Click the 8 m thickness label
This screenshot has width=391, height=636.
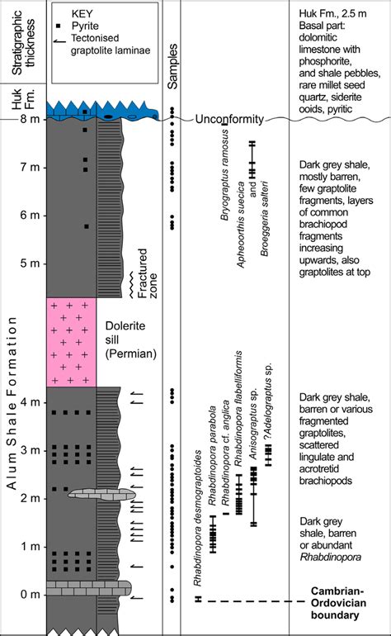click(30, 119)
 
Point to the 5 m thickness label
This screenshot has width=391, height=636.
click(30, 263)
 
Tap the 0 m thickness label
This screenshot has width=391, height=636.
click(30, 595)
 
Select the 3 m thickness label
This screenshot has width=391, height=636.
click(30, 450)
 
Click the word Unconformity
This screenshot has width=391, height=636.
click(229, 119)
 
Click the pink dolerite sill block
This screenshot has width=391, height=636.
click(71, 342)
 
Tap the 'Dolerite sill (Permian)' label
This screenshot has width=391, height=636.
click(130, 340)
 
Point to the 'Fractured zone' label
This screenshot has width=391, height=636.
click(147, 273)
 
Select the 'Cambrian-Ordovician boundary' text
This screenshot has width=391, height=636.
click(338, 603)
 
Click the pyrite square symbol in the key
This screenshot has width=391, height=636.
click(59, 26)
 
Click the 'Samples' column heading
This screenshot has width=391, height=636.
click(172, 67)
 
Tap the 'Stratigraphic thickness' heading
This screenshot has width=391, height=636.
click(23, 42)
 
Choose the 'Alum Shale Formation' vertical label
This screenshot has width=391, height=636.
click(12, 403)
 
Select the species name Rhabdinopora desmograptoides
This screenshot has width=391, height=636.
click(197, 518)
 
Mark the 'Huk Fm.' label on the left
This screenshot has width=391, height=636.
click(23, 99)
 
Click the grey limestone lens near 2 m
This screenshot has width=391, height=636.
click(102, 495)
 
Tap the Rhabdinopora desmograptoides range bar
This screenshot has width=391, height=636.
click(198, 599)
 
